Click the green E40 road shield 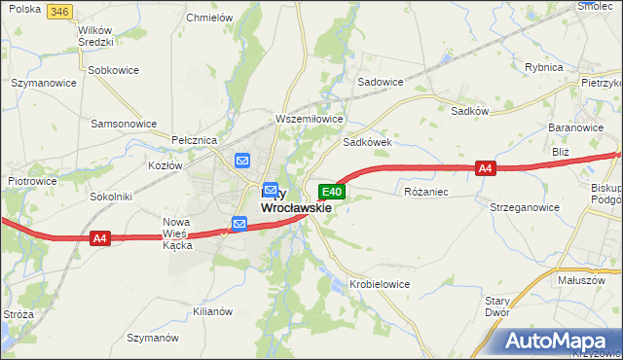pos(331,193)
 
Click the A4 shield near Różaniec pos(486,168)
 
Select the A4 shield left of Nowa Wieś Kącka pos(99,237)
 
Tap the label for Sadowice pos(381,83)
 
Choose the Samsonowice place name pos(124,124)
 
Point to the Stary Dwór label pos(497,307)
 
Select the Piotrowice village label pos(32,181)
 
